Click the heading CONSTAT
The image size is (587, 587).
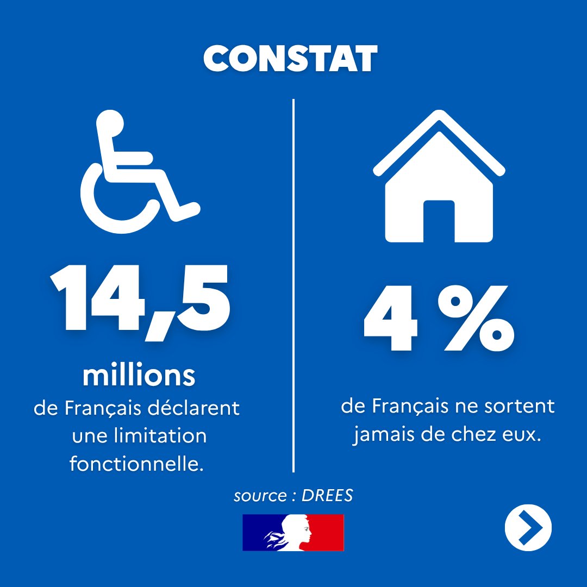pyautogui.click(x=290, y=59)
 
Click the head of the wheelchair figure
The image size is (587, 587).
pyautogui.click(x=110, y=123)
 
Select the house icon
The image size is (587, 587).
pyautogui.click(x=439, y=176)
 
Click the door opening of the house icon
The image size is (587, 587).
pyautogui.click(x=439, y=221)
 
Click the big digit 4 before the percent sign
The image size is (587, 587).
pyautogui.click(x=390, y=319)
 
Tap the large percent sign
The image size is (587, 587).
pyautogui.click(x=476, y=319)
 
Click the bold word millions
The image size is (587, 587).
pyautogui.click(x=139, y=376)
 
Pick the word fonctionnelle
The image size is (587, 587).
pyautogui.click(x=136, y=464)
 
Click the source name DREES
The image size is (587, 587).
pyautogui.click(x=327, y=496)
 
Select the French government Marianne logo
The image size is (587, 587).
pyautogui.click(x=293, y=532)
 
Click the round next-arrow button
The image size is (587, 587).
pyautogui.click(x=528, y=528)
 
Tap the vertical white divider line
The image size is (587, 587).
pyautogui.click(x=293, y=286)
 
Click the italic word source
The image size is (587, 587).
pyautogui.click(x=260, y=496)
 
